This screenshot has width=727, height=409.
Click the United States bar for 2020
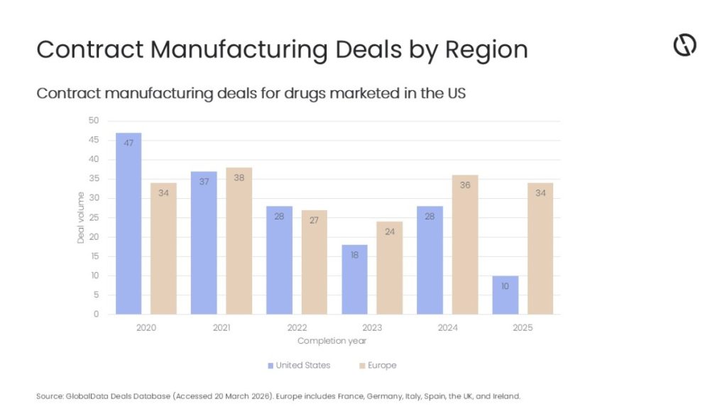(x=129, y=223)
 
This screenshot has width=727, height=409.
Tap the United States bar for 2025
(x=505, y=295)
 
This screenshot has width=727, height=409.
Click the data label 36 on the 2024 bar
(x=465, y=185)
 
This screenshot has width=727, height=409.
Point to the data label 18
(x=354, y=254)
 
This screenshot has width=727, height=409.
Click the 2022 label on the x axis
(x=297, y=328)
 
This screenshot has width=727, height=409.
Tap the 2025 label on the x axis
(x=523, y=328)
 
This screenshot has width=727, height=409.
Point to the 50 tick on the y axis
(x=94, y=121)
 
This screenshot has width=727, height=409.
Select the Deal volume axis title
(x=80, y=217)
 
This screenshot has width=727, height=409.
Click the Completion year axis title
(x=332, y=341)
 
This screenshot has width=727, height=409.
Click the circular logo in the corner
(x=684, y=45)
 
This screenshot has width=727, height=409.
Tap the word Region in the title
(x=486, y=50)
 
